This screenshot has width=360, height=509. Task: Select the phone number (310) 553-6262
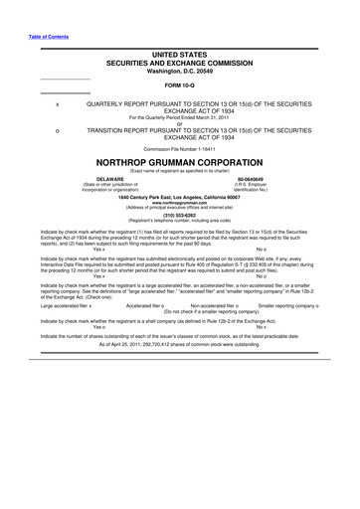179,215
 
